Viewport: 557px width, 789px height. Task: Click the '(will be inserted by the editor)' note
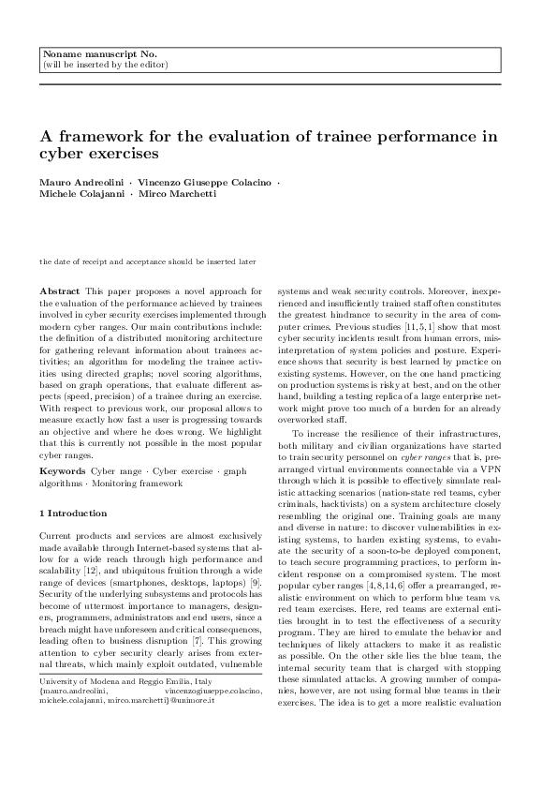[x=106, y=65]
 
